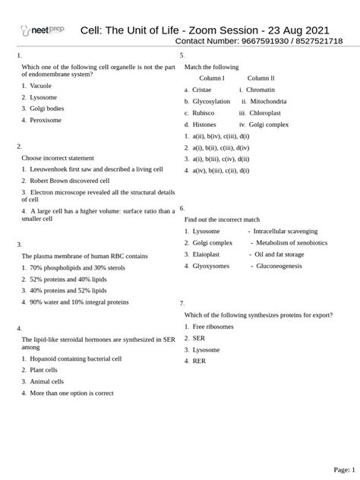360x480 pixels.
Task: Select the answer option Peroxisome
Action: point(47,120)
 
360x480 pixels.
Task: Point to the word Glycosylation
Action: point(212,100)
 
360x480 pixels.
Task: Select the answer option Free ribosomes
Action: point(213,326)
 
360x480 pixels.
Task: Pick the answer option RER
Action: point(200,361)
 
